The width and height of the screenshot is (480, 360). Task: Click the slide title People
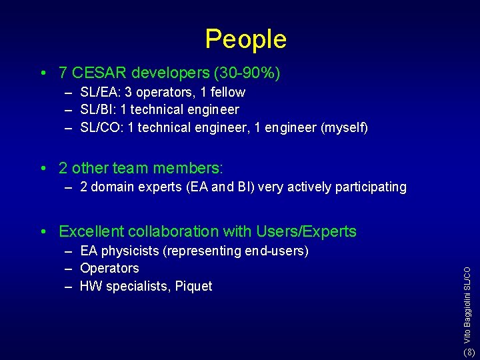tap(245, 39)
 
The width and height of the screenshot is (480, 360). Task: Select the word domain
tap(112, 187)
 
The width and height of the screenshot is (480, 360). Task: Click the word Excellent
tap(92, 231)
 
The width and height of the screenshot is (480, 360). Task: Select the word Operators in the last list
tap(109, 269)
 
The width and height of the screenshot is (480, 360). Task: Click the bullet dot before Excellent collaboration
tap(42, 232)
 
